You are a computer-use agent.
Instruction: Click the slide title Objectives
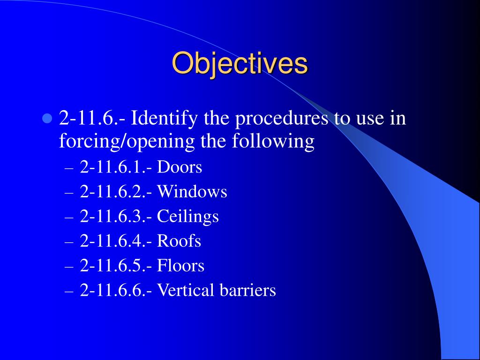(x=240, y=63)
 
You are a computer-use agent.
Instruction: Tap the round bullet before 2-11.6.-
(x=47, y=118)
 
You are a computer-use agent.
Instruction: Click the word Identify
(x=164, y=119)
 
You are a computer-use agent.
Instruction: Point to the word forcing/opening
(x=127, y=142)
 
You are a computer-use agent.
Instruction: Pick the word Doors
(x=180, y=167)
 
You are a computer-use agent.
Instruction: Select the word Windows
(x=192, y=192)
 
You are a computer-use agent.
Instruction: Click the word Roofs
(x=179, y=241)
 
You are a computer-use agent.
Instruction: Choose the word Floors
(x=180, y=265)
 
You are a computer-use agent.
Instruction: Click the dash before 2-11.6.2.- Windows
(x=69, y=194)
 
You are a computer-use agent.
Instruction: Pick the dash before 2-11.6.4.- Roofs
(x=69, y=242)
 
